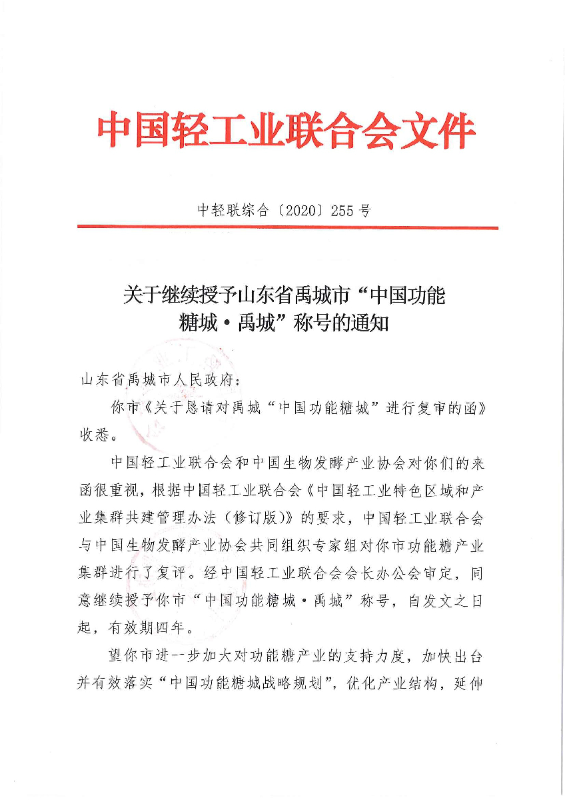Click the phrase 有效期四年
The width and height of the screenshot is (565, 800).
coord(149,627)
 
